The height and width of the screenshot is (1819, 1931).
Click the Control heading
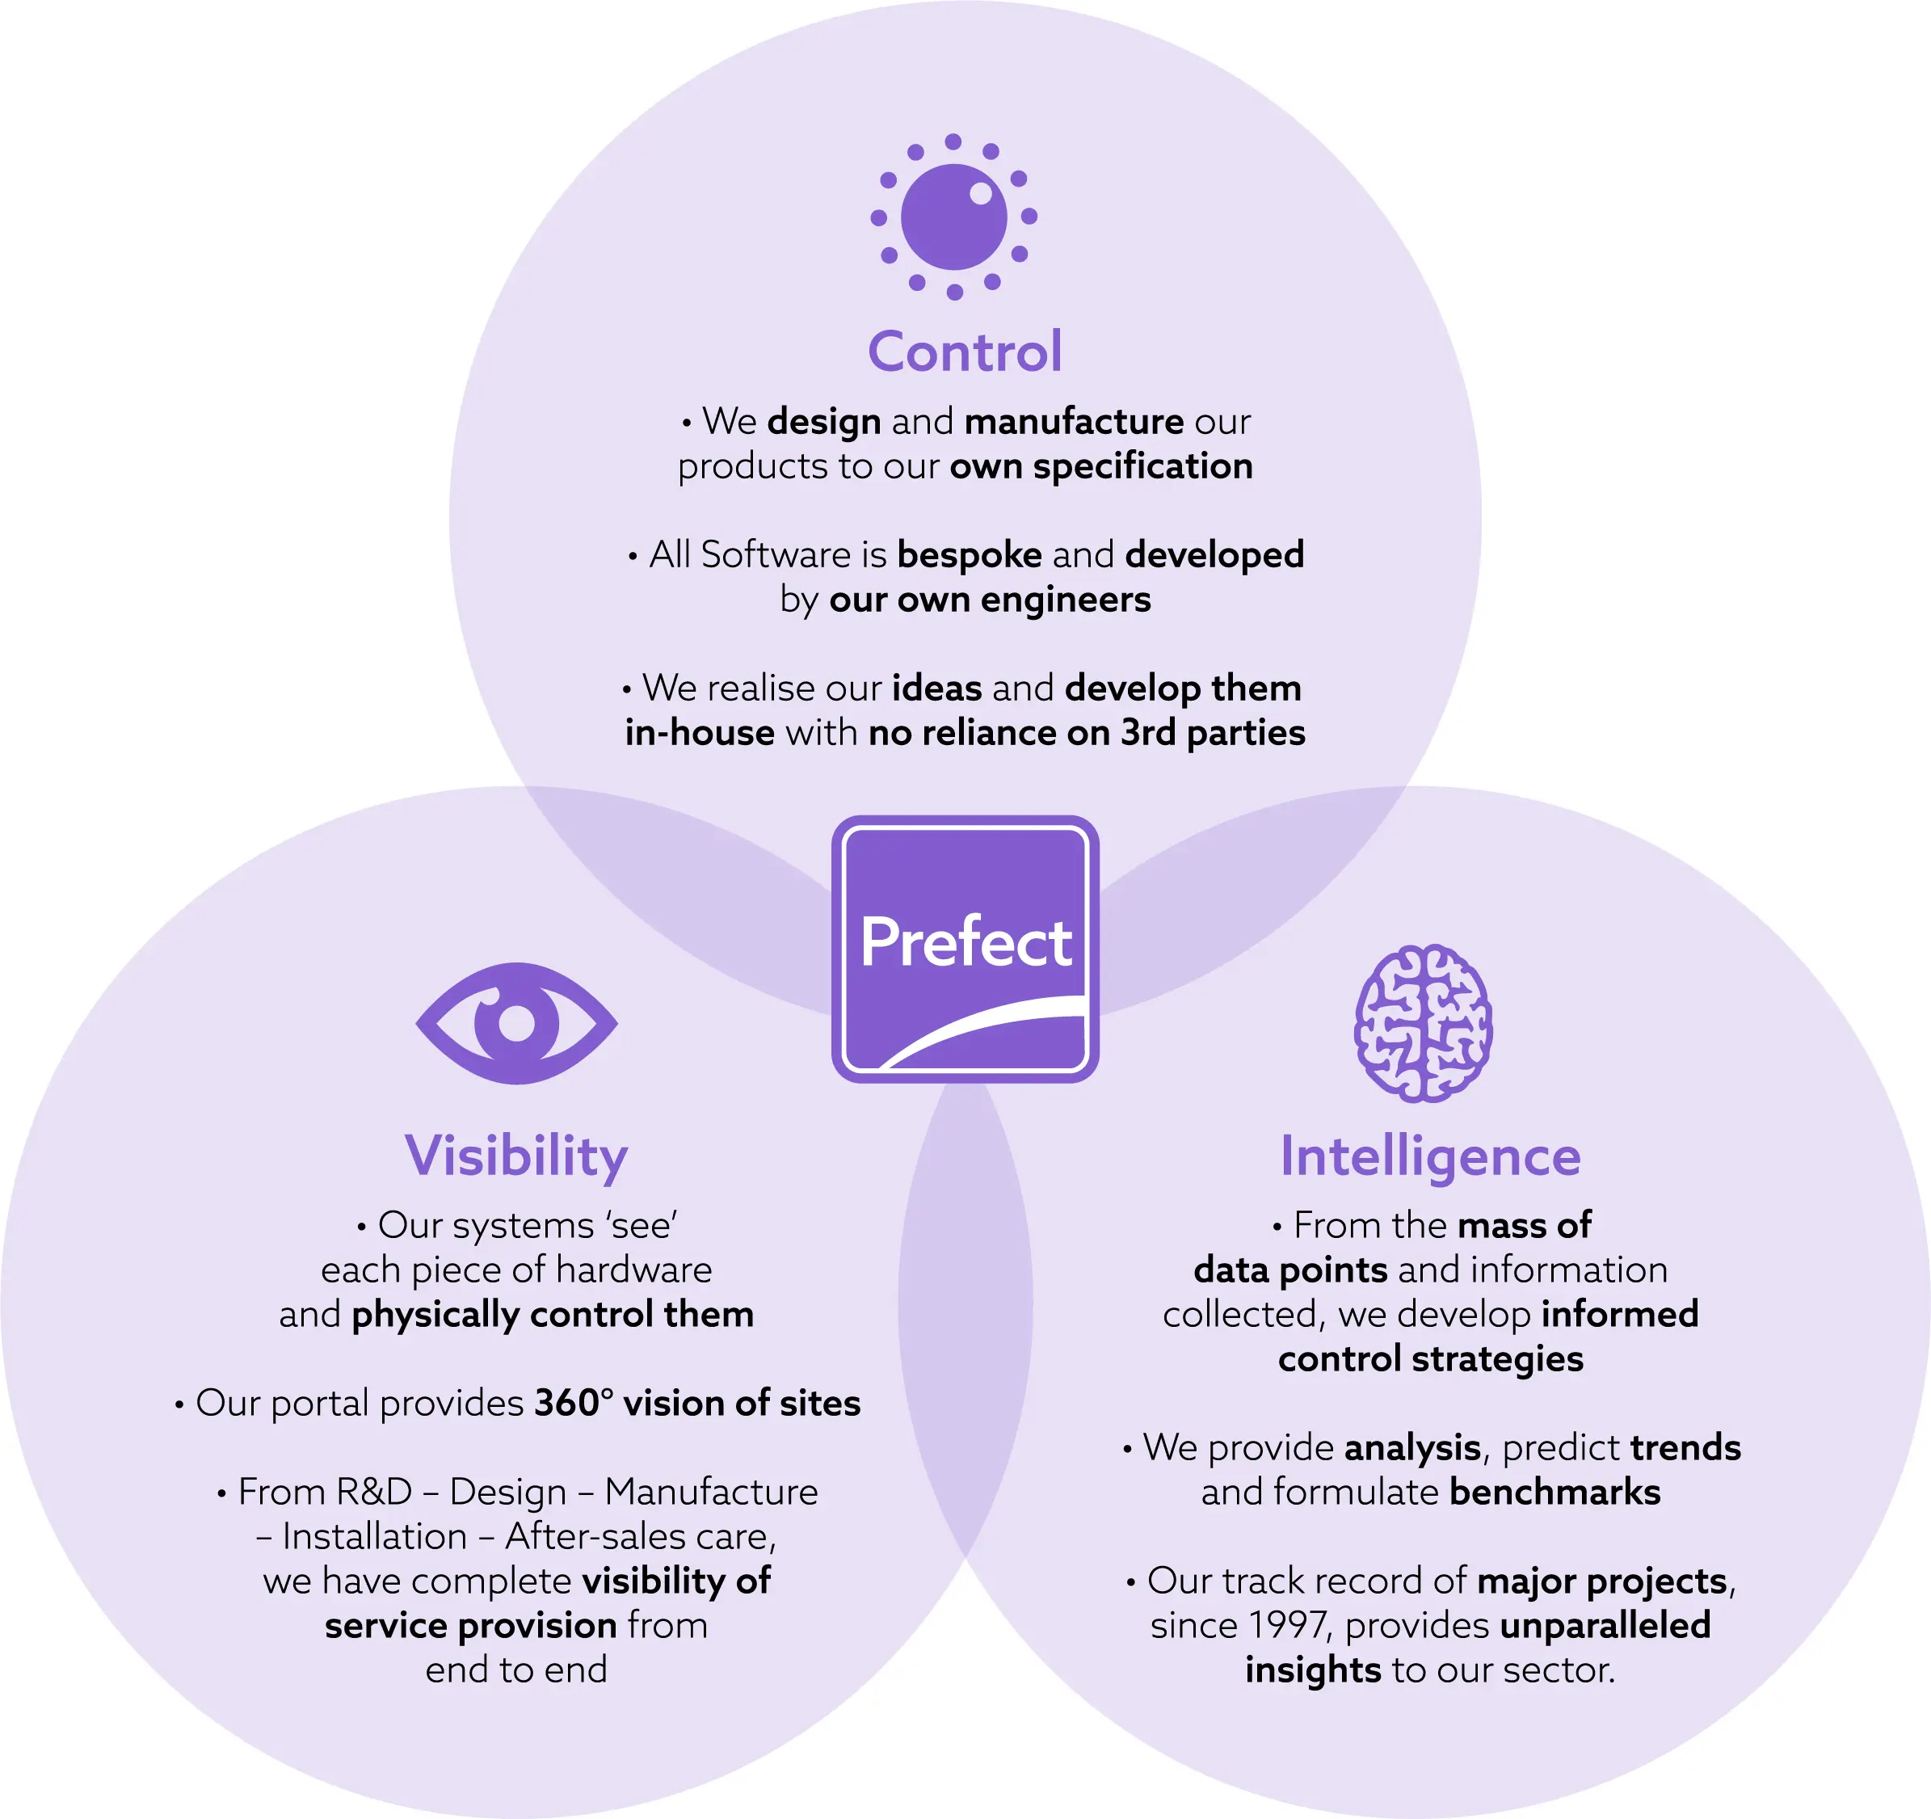point(965,351)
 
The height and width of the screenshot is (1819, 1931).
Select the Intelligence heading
point(1430,1156)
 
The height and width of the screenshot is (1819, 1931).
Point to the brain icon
point(1423,1023)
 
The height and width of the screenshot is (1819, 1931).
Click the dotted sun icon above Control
point(954,217)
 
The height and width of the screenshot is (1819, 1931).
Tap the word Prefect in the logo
point(965,941)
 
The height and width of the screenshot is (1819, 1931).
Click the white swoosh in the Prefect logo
point(981,1032)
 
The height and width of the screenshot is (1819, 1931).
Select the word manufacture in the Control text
point(1073,422)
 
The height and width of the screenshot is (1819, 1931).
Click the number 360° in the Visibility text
point(573,1403)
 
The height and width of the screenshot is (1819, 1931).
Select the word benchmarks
point(1554,1493)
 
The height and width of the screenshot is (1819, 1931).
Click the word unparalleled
point(1605,1626)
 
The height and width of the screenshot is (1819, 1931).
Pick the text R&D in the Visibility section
point(374,1492)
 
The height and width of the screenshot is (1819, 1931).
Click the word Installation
point(374,1536)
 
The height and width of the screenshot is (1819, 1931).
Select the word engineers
point(1065,600)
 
